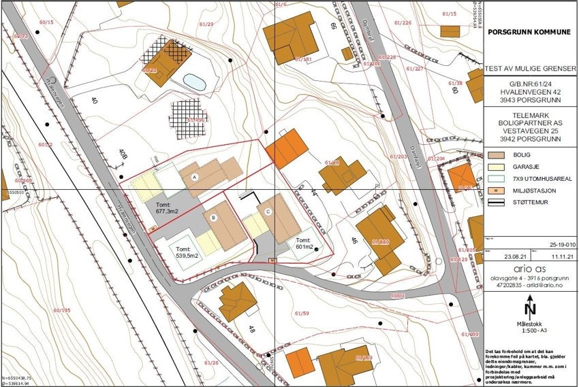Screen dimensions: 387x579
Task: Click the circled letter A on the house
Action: click(195, 176)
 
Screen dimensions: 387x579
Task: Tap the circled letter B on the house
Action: click(215, 218)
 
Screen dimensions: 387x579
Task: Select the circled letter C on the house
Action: click(268, 212)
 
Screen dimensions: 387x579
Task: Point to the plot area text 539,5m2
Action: click(189, 253)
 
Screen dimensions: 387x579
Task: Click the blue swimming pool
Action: click(195, 82)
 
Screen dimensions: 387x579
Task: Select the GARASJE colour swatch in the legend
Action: click(498, 167)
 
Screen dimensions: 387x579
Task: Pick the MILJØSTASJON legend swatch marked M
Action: click(498, 190)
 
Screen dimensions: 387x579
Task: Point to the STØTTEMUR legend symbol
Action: click(498, 202)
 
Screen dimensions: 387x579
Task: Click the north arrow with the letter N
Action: click(530, 309)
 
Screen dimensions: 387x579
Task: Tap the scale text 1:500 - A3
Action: click(531, 331)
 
